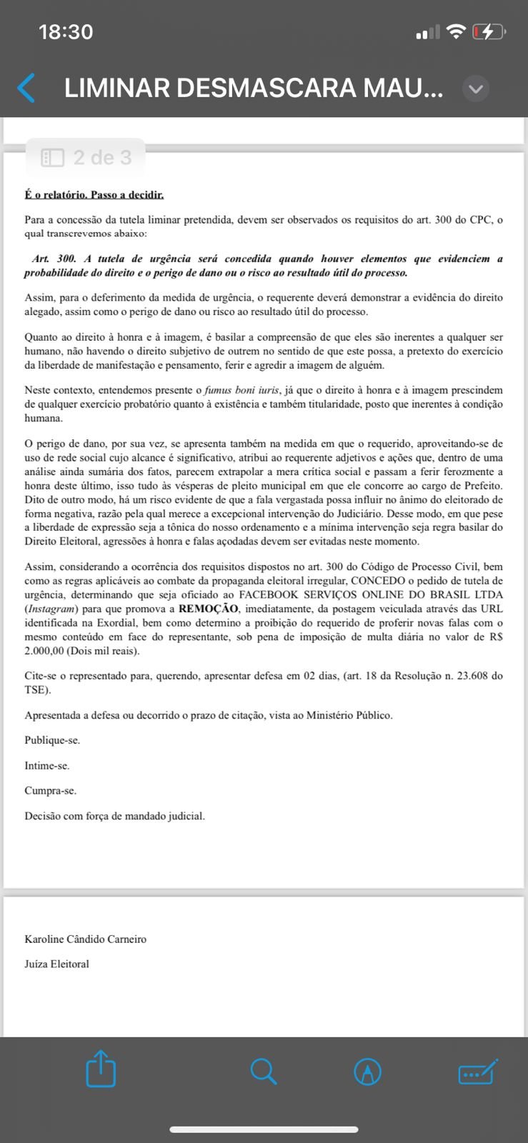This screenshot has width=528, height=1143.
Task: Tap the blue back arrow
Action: tap(26, 88)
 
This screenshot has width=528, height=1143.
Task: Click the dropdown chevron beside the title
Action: tap(476, 89)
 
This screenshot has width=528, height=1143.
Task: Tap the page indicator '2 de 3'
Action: tap(86, 157)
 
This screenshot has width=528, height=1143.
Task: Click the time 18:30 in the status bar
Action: tap(66, 31)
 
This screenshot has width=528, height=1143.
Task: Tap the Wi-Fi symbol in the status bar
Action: tap(455, 31)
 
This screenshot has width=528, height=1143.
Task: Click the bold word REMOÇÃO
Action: tap(208, 609)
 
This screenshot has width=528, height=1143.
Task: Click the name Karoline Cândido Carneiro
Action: tap(86, 939)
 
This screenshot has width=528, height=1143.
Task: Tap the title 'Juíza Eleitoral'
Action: tap(57, 964)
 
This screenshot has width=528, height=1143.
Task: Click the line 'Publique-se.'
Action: tap(52, 740)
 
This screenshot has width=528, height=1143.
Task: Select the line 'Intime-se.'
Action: tap(47, 765)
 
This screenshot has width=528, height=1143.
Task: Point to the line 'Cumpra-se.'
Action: tap(50, 790)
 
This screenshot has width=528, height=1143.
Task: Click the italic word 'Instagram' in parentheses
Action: tap(51, 609)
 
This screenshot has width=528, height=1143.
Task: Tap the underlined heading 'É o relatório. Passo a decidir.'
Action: tap(94, 194)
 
